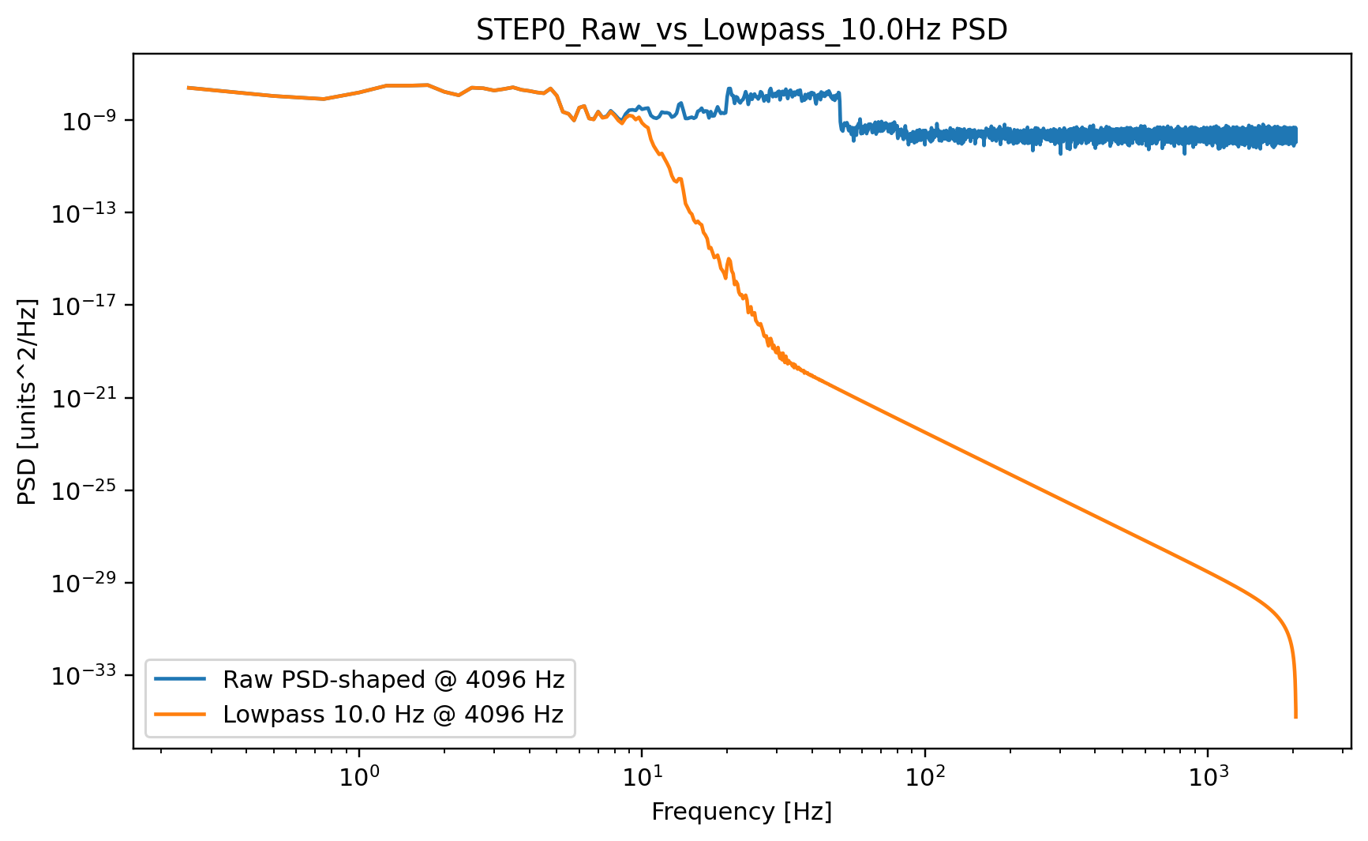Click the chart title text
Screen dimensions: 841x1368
(741, 30)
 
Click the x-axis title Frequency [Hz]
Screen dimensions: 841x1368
(741, 812)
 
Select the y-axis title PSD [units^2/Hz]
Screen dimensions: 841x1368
(28, 401)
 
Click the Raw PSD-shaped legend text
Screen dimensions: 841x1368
(393, 679)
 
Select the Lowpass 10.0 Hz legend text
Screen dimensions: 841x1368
(393, 715)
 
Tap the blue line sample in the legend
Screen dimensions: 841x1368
(180, 678)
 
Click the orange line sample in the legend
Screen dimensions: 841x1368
(180, 714)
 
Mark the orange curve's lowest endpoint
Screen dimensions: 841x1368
(1295, 717)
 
